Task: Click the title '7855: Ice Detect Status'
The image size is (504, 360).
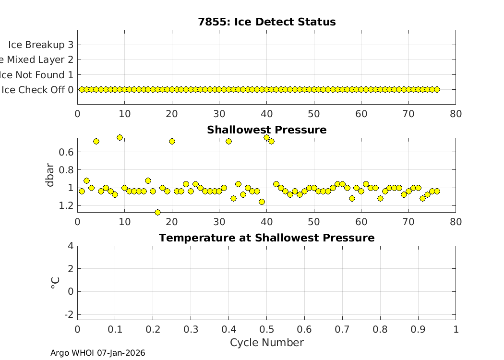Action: [266, 22]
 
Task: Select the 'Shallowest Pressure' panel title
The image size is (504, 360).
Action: [266, 130]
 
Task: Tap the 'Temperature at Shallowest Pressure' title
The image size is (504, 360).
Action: [266, 238]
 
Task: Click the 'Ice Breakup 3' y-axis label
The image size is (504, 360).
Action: [40, 45]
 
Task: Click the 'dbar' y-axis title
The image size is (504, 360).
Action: [49, 175]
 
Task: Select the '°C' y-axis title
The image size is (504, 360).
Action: [55, 283]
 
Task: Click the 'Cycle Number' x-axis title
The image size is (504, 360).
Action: [266, 343]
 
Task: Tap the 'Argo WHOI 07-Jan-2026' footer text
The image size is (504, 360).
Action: [98, 353]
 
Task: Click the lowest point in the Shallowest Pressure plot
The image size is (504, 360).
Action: [157, 212]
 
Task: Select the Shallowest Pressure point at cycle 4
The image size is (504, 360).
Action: [96, 141]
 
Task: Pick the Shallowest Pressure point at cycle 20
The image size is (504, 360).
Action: [172, 141]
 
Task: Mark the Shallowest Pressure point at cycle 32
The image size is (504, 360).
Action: [228, 141]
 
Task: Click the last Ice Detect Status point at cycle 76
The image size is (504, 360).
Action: [437, 89]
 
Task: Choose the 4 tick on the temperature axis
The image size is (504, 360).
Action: [70, 246]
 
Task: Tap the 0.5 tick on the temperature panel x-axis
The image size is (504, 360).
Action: [266, 329]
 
